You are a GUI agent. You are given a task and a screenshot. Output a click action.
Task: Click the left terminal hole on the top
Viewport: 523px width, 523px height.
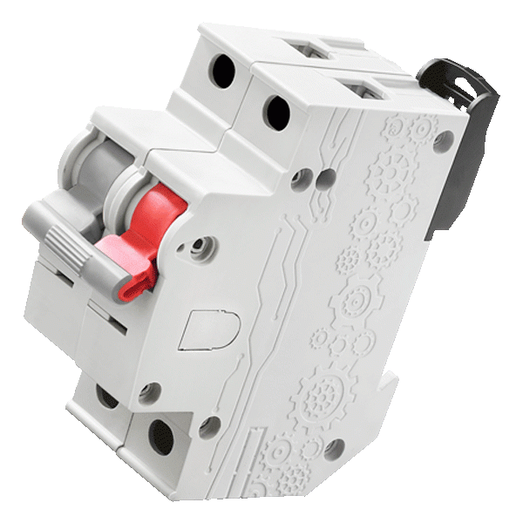[x=222, y=71]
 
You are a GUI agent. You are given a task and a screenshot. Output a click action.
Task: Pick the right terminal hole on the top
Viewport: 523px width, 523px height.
[x=277, y=111]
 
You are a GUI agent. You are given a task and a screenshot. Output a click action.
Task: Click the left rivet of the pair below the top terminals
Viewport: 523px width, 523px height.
[x=302, y=180]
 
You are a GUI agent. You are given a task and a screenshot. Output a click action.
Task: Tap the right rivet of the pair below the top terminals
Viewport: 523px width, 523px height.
[x=326, y=179]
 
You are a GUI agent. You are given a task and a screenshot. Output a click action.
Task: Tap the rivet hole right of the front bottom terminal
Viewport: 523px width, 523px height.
[x=208, y=426]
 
